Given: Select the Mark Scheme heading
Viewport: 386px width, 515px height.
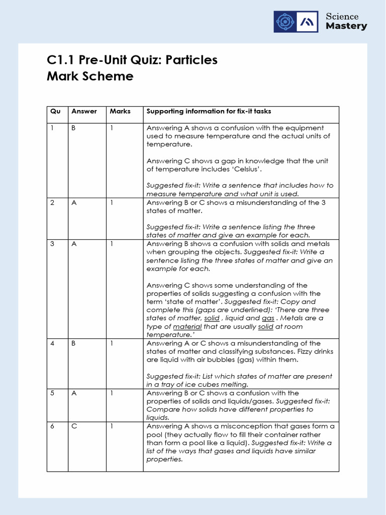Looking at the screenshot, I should coord(90,76).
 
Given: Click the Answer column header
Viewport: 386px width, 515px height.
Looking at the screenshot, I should coord(84,111).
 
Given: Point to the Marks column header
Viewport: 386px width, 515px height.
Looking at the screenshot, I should coord(120,111).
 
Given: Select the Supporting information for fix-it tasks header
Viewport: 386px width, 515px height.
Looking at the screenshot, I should coord(209,111).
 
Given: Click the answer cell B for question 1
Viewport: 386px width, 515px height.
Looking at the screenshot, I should coord(73,128).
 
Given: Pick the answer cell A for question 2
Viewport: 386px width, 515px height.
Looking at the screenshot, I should coord(73,203).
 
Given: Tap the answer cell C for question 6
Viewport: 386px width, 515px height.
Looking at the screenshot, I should coord(73,426).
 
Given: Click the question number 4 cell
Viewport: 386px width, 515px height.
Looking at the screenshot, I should coord(52,344).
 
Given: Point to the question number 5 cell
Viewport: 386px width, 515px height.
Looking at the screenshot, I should coord(52,393).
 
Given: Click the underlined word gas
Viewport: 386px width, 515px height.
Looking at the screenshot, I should coord(268,318).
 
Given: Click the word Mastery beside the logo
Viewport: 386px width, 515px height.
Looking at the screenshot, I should coord(346,26).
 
